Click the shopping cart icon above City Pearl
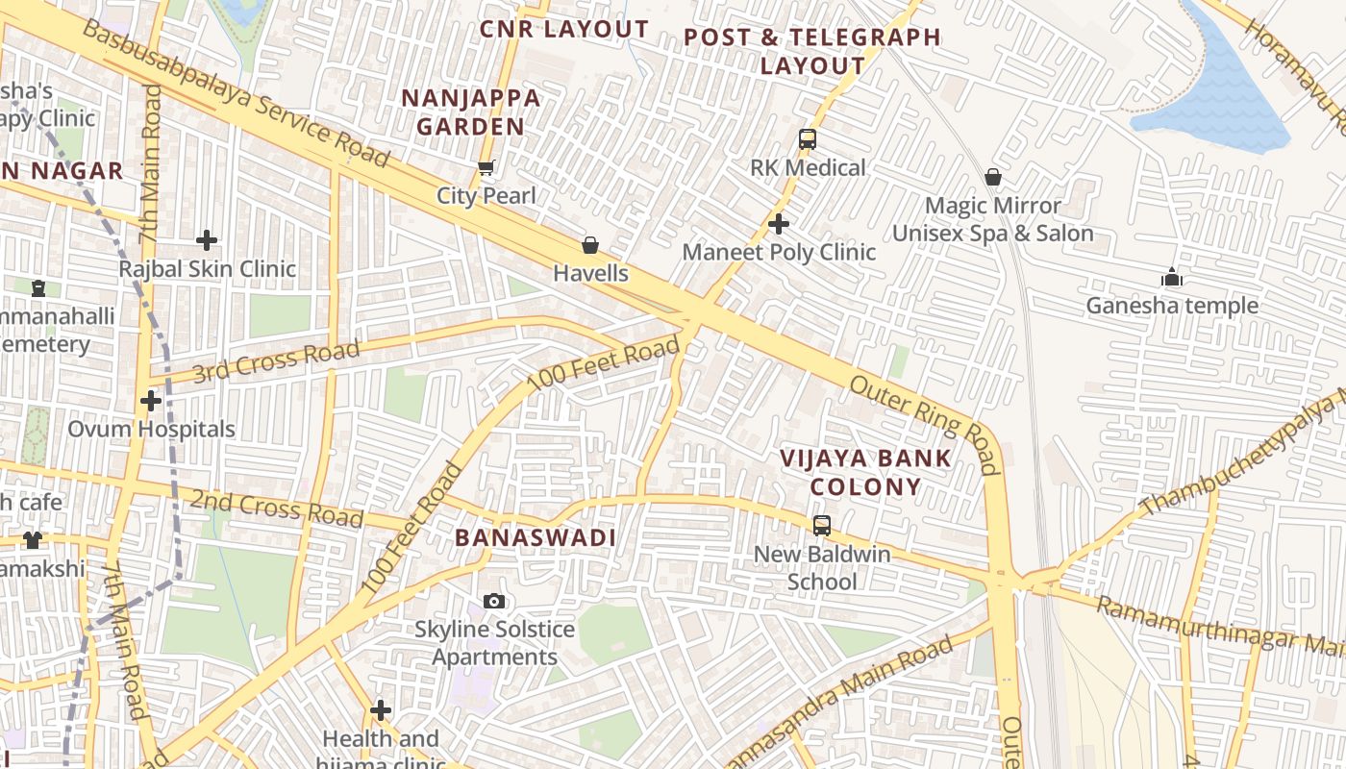pyautogui.click(x=486, y=168)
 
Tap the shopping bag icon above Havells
pyautogui.click(x=590, y=245)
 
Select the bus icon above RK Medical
pyautogui.click(x=808, y=139)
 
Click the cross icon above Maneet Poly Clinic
pyautogui.click(x=779, y=224)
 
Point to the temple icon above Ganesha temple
pyautogui.click(x=1171, y=278)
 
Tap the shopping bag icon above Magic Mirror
pyautogui.click(x=993, y=177)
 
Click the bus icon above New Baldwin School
pyautogui.click(x=821, y=526)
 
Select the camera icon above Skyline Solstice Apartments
pyautogui.click(x=494, y=601)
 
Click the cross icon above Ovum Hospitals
pyautogui.click(x=151, y=401)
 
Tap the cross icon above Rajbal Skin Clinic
pyautogui.click(x=206, y=240)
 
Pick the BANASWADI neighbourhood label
pyautogui.click(x=535, y=537)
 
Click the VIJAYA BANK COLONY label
pyautogui.click(x=865, y=472)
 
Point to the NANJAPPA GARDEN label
pyautogui.click(x=470, y=112)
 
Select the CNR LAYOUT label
pyautogui.click(x=564, y=29)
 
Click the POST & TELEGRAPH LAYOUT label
pyautogui.click(x=812, y=51)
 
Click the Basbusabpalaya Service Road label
pyautogui.click(x=236, y=91)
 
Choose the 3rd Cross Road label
pyautogui.click(x=276, y=360)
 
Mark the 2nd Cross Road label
pyautogui.click(x=277, y=509)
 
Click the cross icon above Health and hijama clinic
pyautogui.click(x=381, y=710)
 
